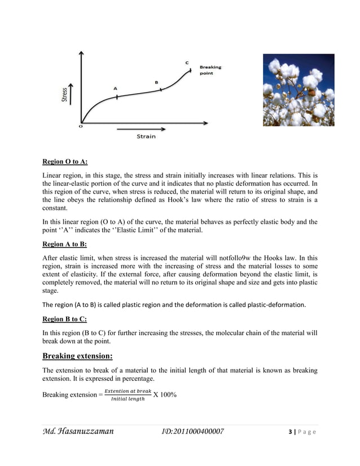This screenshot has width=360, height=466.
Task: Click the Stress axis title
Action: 65,94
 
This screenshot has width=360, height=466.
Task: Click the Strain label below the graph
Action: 146,137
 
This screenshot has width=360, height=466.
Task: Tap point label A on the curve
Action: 115,89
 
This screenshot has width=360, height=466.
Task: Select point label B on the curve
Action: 156,82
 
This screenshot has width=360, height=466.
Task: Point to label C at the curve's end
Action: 187,62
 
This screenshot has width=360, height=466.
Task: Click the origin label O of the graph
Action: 80,127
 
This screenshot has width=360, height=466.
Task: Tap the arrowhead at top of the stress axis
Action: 82,52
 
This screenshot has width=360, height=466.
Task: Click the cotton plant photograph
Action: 298,90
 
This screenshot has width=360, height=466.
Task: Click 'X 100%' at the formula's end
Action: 165,394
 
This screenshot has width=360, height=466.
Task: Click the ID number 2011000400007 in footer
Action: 193,432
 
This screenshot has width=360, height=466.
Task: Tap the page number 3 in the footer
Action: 290,432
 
